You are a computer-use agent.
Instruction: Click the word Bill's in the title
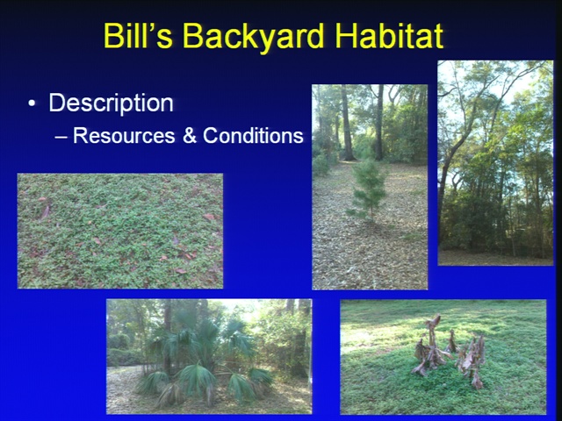pos(138,35)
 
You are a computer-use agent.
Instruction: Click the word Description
pos(112,103)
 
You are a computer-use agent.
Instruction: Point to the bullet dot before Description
pos(32,103)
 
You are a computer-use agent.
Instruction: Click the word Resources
pos(124,136)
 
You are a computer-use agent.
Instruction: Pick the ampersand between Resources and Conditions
pos(190,136)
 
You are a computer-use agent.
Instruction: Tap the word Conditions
pos(253,136)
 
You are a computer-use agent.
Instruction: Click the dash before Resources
pos(61,138)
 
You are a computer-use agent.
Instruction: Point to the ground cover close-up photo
pos(120,231)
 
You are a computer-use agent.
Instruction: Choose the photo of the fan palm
pos(209,357)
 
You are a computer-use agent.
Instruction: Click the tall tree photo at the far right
pos(495,163)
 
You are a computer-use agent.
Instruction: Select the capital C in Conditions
pos(210,136)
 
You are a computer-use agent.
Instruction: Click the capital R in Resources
pos(80,136)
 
